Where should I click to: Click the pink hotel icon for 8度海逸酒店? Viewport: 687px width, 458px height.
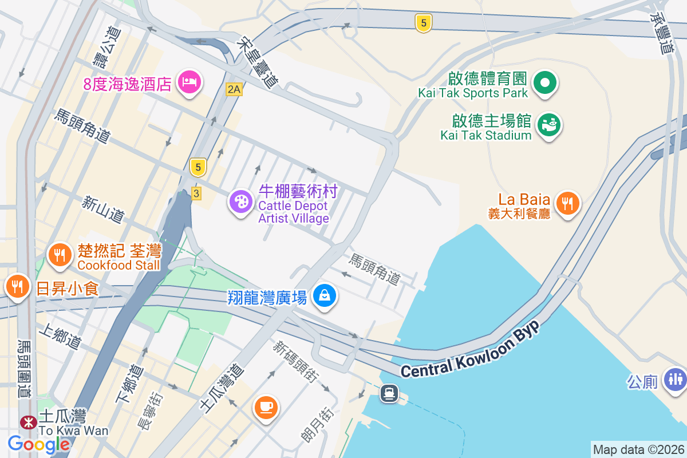pyautogui.click(x=189, y=82)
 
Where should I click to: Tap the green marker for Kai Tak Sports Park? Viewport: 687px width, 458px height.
pyautogui.click(x=545, y=82)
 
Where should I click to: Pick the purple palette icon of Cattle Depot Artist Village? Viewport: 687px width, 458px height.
pyautogui.click(x=241, y=202)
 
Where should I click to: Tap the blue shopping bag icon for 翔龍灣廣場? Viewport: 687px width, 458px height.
pyautogui.click(x=325, y=295)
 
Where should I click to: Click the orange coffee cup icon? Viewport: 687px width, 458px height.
pyautogui.click(x=266, y=407)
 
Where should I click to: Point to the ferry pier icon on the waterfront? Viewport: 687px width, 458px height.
pyautogui.click(x=389, y=393)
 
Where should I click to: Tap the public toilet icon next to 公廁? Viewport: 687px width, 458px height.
pyautogui.click(x=676, y=379)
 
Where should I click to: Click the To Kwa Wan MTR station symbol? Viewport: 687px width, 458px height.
pyautogui.click(x=27, y=423)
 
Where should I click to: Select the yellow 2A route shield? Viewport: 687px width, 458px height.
pyautogui.click(x=234, y=89)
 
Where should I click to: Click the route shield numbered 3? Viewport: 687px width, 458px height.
pyautogui.click(x=196, y=194)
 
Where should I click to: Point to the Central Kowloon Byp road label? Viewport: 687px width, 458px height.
pyautogui.click(x=470, y=351)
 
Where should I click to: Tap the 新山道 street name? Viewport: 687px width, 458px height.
pyautogui.click(x=103, y=209)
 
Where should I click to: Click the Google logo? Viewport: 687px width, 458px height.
pyautogui.click(x=39, y=444)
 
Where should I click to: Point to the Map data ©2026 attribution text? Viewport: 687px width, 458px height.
pyautogui.click(x=638, y=449)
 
